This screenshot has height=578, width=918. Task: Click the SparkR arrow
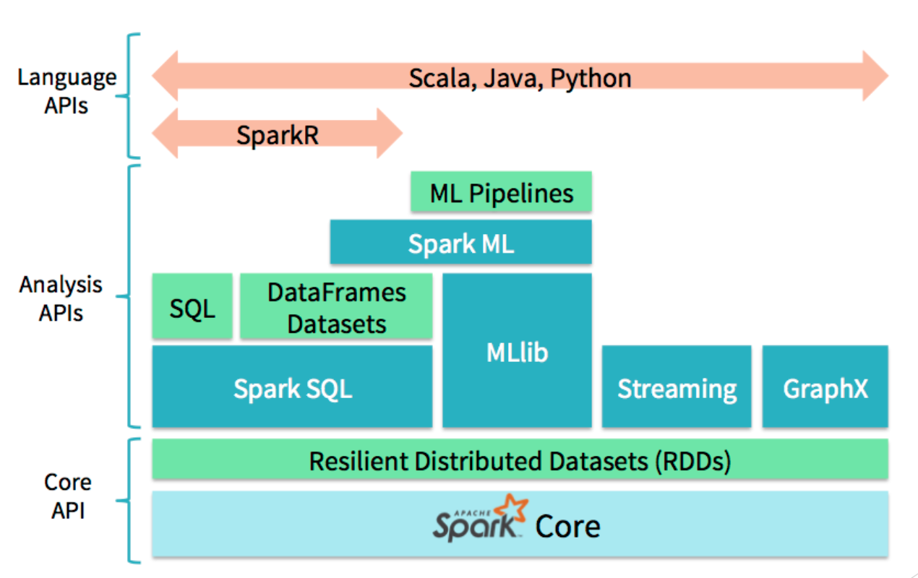[x=277, y=133]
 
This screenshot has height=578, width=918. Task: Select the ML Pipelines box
[x=501, y=192]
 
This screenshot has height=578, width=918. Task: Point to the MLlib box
[x=517, y=351]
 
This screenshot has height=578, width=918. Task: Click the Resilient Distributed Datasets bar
[x=520, y=460]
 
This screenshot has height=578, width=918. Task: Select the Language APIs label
[x=67, y=91]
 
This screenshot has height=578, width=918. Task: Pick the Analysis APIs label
[x=61, y=298]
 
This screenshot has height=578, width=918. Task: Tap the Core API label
[x=68, y=496]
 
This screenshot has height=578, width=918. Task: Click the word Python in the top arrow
[x=591, y=77]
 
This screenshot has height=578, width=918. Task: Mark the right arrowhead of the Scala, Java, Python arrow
[x=875, y=76]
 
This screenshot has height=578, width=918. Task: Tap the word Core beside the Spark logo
[x=567, y=526]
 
